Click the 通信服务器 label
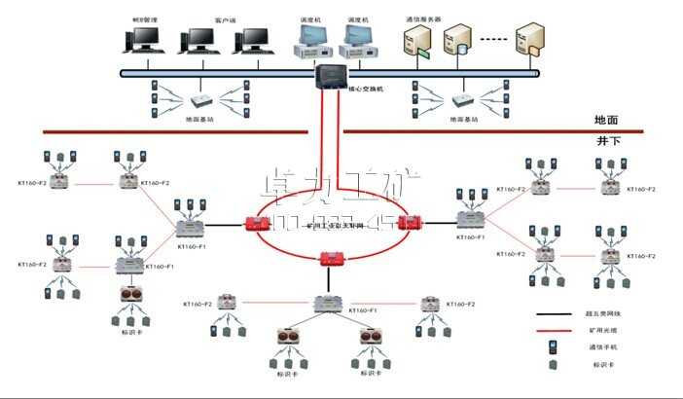pos(424,18)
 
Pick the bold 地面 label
pos(606,120)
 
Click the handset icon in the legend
pos(552,347)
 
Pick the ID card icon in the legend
pos(552,365)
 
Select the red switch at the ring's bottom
pos(332,258)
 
